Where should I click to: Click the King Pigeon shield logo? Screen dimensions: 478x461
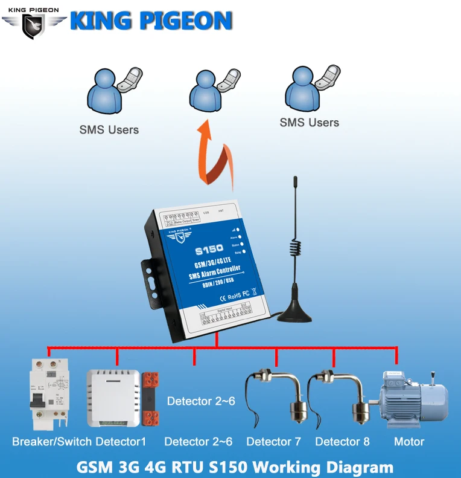coord(33,25)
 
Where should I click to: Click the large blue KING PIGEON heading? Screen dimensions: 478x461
coord(151,21)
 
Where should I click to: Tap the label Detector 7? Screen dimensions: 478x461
coord(273,442)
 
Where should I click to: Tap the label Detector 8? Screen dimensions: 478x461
coord(342,442)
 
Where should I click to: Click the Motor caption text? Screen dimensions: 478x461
coord(409,442)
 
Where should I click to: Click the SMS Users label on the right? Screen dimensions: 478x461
coord(309,123)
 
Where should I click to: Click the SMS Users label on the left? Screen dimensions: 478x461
coord(109,130)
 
